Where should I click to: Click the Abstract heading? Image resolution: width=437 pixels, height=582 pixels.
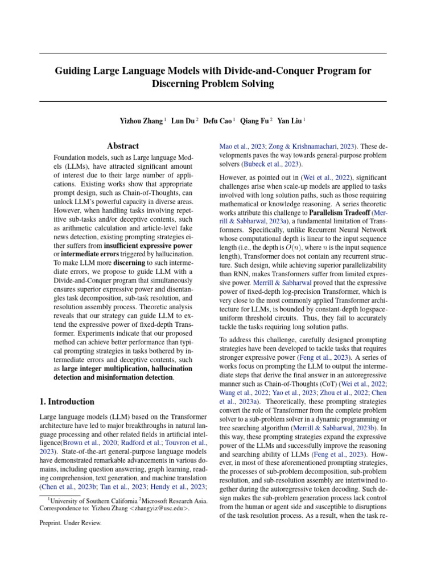pyautogui.click(x=123, y=146)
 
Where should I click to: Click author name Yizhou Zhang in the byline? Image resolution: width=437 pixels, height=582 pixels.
pyautogui.click(x=141, y=121)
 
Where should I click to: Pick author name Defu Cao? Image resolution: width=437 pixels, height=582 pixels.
pyautogui.click(x=218, y=121)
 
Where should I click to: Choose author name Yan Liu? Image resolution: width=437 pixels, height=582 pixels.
pyautogui.click(x=290, y=121)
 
